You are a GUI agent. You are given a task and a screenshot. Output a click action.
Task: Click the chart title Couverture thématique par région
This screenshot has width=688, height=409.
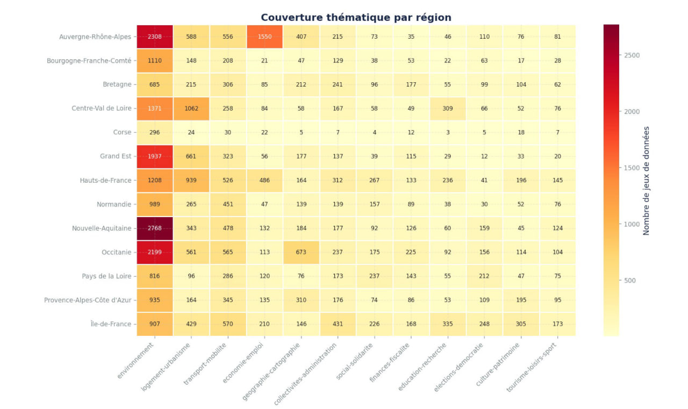[x=356, y=18]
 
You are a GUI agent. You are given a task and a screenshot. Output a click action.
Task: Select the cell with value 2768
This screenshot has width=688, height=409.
[x=154, y=228]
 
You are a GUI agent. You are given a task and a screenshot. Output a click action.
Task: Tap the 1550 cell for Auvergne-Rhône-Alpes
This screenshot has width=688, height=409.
[x=264, y=37]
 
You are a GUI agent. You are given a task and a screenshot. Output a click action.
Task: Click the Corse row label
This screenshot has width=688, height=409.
[x=122, y=132]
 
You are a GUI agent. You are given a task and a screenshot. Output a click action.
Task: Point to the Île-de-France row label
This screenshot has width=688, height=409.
[x=111, y=324]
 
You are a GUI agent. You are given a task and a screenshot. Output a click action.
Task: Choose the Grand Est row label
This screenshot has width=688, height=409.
[x=116, y=156]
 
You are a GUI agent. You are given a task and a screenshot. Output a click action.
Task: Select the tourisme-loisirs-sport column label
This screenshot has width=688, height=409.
[x=532, y=367]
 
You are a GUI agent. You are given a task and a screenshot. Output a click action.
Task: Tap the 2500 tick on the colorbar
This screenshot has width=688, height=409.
[x=632, y=55]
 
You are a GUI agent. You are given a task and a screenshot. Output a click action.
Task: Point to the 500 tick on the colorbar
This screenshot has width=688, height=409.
[x=629, y=281]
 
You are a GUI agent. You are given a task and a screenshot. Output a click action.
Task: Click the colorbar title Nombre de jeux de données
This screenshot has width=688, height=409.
[x=646, y=181]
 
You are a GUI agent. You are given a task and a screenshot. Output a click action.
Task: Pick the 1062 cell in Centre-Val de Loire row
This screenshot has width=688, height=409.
[x=191, y=109]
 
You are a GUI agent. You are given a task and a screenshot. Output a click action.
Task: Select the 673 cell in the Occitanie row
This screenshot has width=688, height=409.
[x=301, y=252]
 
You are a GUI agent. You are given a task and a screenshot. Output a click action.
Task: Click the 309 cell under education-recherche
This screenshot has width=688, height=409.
[x=448, y=109]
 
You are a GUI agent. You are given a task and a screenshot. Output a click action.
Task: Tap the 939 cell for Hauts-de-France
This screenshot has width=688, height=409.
[x=191, y=180]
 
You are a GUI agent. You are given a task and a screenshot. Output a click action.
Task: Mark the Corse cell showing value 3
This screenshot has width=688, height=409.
[x=448, y=132]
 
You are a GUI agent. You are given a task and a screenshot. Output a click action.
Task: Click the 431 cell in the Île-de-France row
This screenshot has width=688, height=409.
[x=338, y=324]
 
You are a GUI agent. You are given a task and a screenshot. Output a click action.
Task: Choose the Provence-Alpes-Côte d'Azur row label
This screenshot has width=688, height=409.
[x=88, y=300]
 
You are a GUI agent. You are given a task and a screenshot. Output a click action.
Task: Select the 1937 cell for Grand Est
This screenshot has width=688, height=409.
[x=154, y=156]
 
